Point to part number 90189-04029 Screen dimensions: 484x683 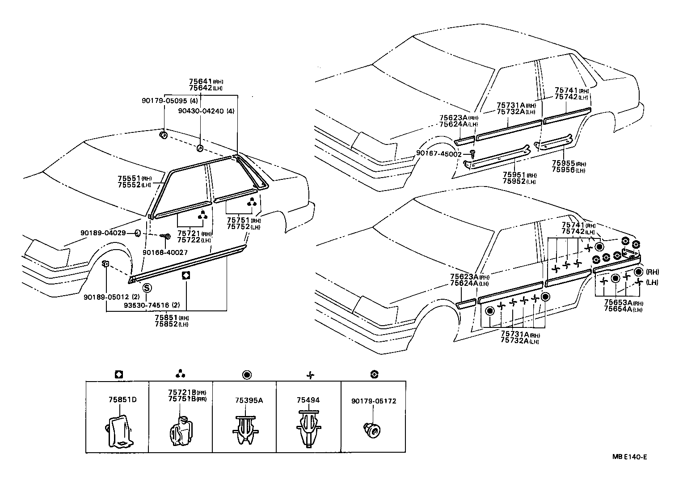[x=103, y=233]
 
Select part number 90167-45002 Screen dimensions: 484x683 [x=438, y=154]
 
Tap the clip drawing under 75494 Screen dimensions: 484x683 [x=308, y=429]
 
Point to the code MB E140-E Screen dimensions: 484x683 [x=630, y=457]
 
